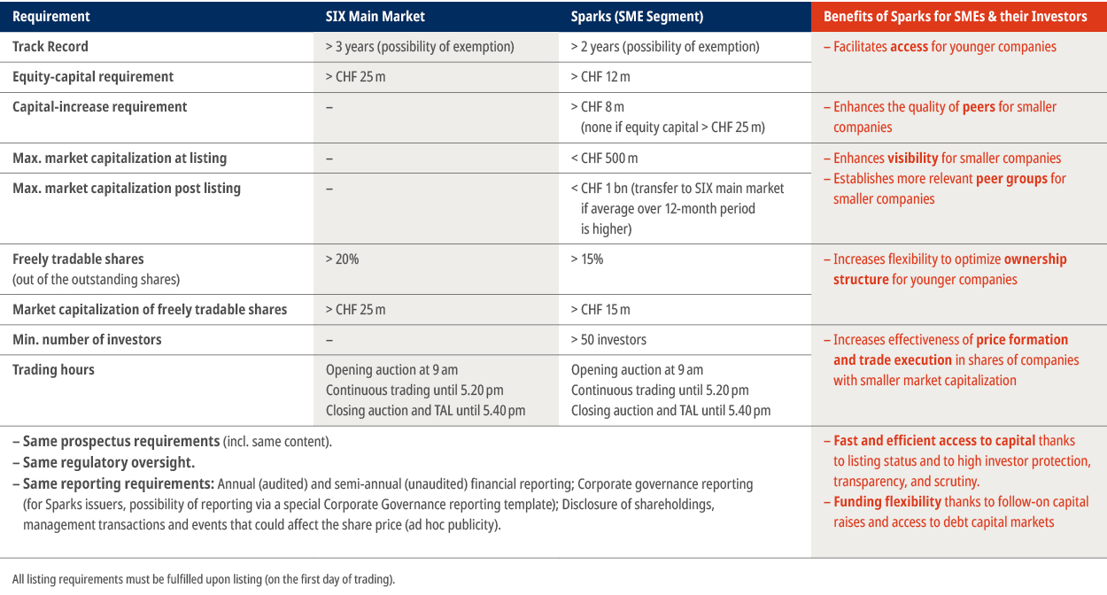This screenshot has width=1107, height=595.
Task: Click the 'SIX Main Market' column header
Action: [375, 16]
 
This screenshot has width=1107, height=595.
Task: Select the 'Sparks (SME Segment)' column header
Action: [637, 16]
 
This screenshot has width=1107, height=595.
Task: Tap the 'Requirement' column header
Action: [51, 16]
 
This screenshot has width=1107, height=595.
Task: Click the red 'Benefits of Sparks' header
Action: [955, 16]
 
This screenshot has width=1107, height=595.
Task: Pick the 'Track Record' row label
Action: [50, 47]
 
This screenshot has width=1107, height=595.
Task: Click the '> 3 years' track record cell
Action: [420, 47]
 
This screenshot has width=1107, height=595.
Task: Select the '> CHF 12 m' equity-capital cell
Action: [600, 77]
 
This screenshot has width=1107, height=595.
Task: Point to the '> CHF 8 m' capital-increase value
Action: [598, 107]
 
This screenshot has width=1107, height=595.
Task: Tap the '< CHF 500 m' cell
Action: [604, 158]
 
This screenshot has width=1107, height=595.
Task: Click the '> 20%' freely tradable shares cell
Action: [342, 259]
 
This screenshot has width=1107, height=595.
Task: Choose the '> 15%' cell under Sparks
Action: [587, 259]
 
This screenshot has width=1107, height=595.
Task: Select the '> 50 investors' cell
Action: [608, 340]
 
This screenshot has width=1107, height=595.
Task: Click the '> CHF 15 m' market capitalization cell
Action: [600, 310]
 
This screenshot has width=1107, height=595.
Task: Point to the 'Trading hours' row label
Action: [53, 370]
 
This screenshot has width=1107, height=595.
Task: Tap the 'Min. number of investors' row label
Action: [87, 340]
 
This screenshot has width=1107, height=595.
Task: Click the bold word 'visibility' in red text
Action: [912, 158]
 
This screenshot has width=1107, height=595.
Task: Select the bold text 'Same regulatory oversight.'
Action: [108, 462]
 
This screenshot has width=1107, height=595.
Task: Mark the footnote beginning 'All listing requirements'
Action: [204, 579]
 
